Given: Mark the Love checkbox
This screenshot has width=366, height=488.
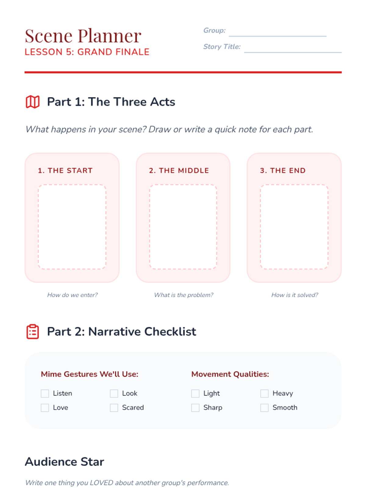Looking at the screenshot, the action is (45, 408).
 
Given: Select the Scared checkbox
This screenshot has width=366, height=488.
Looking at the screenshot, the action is (114, 408).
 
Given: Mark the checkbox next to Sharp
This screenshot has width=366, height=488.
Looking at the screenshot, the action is (195, 408).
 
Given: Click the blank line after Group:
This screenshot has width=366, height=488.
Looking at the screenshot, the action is (278, 36).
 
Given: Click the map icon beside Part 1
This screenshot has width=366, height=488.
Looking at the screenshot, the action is (33, 102).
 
